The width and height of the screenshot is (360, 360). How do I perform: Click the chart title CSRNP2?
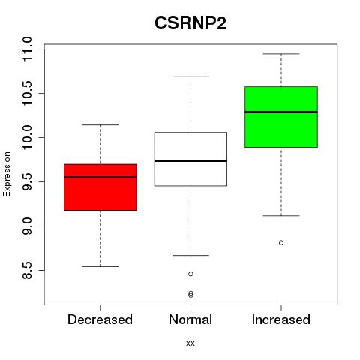click(x=190, y=23)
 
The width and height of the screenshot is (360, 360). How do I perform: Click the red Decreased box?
click(x=100, y=187)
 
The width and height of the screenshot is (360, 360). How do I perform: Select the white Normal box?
click(x=190, y=159)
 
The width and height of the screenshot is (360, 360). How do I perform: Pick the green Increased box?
click(x=281, y=117)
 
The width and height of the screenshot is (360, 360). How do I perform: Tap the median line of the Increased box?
click(x=281, y=112)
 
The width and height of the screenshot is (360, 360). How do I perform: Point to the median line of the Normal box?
click(x=190, y=161)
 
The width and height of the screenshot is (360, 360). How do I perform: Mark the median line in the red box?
click(x=100, y=177)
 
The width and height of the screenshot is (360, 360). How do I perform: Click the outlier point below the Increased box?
click(x=281, y=242)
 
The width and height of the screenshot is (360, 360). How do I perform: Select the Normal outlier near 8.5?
click(x=190, y=274)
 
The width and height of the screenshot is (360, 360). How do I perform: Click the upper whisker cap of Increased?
click(x=281, y=54)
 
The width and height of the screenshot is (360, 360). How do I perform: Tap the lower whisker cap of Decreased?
click(x=100, y=266)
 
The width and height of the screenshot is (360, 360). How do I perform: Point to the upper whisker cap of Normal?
click(x=190, y=76)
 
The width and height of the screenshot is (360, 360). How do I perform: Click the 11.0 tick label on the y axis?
click(x=27, y=49)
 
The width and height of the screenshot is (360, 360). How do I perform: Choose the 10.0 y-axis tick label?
click(x=27, y=137)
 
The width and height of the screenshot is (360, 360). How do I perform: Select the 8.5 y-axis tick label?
click(x=27, y=270)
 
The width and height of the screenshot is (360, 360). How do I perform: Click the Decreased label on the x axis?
click(x=100, y=319)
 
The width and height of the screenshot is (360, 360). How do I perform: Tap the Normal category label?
click(x=190, y=319)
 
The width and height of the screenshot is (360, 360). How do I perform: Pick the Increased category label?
click(x=281, y=319)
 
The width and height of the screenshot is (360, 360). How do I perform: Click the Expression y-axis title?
click(x=7, y=174)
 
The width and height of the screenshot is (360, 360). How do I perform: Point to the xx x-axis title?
click(x=190, y=343)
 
